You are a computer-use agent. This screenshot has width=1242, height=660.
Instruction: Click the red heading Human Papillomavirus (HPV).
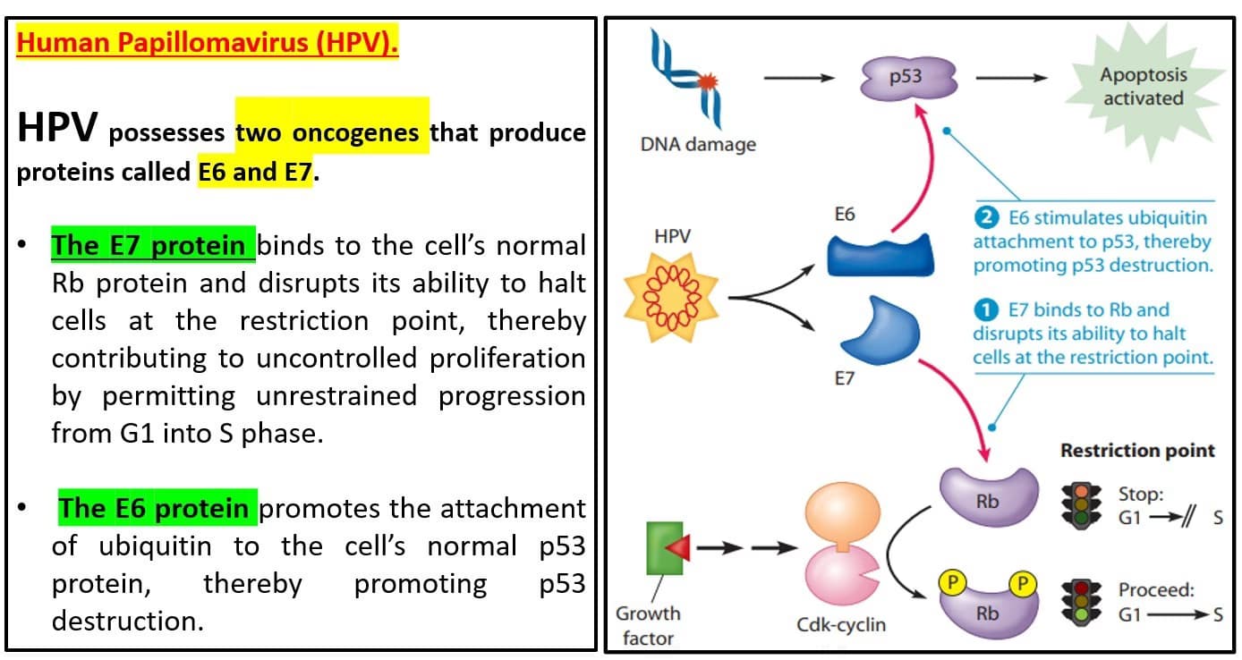[208, 44]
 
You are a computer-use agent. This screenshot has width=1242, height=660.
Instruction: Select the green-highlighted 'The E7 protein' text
[153, 245]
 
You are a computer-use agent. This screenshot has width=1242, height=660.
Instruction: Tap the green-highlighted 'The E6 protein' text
[158, 508]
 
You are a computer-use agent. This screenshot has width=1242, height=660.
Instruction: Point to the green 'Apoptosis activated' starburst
[1143, 86]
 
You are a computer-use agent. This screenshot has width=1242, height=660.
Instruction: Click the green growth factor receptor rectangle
[664, 548]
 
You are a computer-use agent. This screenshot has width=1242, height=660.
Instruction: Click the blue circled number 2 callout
[985, 217]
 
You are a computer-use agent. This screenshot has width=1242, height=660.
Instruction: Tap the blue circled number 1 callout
[985, 309]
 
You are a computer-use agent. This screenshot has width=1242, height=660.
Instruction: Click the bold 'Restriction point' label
[1137, 451]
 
